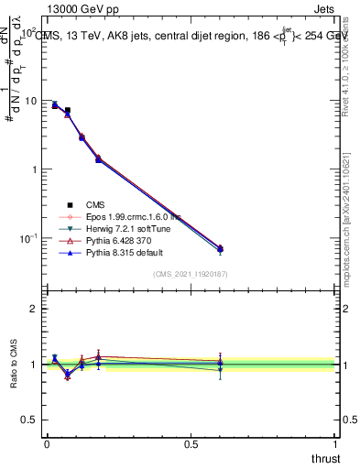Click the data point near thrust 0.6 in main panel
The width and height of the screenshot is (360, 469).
220,248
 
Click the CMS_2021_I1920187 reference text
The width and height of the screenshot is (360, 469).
190,274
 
